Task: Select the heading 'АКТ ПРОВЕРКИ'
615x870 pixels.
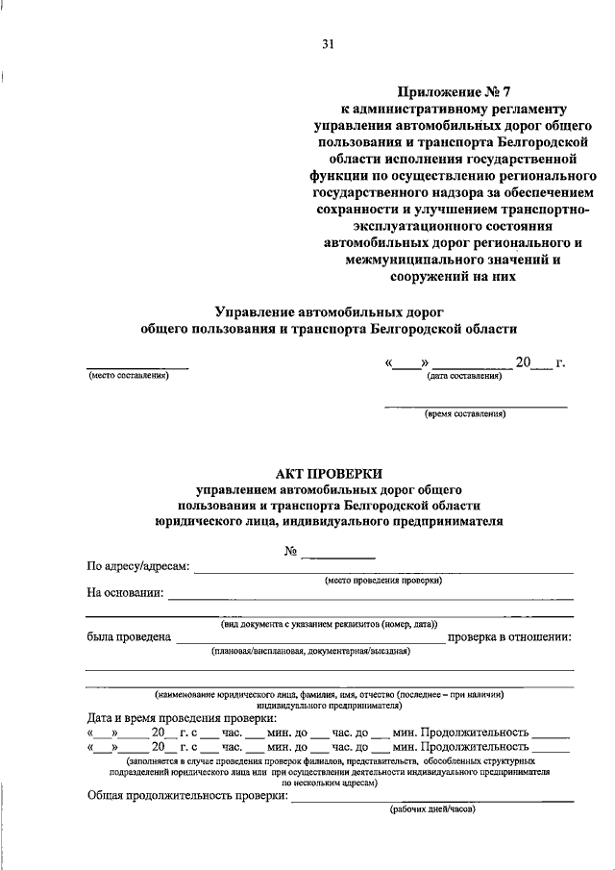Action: [329, 473]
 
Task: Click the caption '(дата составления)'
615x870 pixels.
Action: [465, 376]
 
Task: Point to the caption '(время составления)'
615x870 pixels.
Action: [466, 414]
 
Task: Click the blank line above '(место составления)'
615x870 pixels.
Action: [136, 368]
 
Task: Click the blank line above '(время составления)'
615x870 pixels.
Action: [476, 406]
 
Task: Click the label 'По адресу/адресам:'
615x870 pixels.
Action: [138, 567]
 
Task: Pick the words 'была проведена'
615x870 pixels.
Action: [129, 636]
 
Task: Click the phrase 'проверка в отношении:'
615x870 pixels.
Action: [510, 636]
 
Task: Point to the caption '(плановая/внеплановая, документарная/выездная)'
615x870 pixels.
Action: [311, 651]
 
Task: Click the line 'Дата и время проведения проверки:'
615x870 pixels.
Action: [182, 718]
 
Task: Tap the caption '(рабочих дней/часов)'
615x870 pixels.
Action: [432, 809]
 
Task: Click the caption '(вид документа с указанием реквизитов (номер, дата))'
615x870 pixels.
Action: [329, 624]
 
